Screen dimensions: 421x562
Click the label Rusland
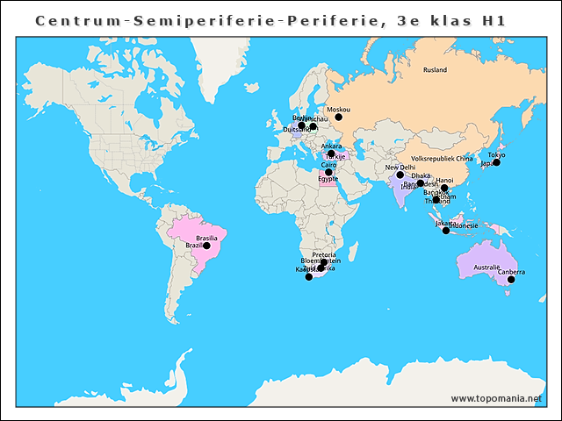435,69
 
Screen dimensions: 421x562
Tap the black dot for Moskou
338,117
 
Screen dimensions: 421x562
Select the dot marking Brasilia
206,246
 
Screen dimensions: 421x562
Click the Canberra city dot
511,280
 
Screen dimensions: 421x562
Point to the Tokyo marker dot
496,162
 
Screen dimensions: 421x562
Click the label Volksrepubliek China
442,159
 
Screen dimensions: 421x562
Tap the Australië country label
486,267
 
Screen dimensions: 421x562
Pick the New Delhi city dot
400,175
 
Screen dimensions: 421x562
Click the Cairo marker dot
328,172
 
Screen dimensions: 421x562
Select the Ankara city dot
331,153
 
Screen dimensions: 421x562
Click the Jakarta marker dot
446,231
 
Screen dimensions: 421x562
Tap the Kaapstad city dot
308,276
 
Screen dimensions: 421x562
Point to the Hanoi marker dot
444,188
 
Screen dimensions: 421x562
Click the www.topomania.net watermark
496,398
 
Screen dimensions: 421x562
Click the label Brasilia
207,239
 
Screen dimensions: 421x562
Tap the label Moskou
338,109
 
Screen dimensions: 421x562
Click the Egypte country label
328,179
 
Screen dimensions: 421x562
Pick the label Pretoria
324,254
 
